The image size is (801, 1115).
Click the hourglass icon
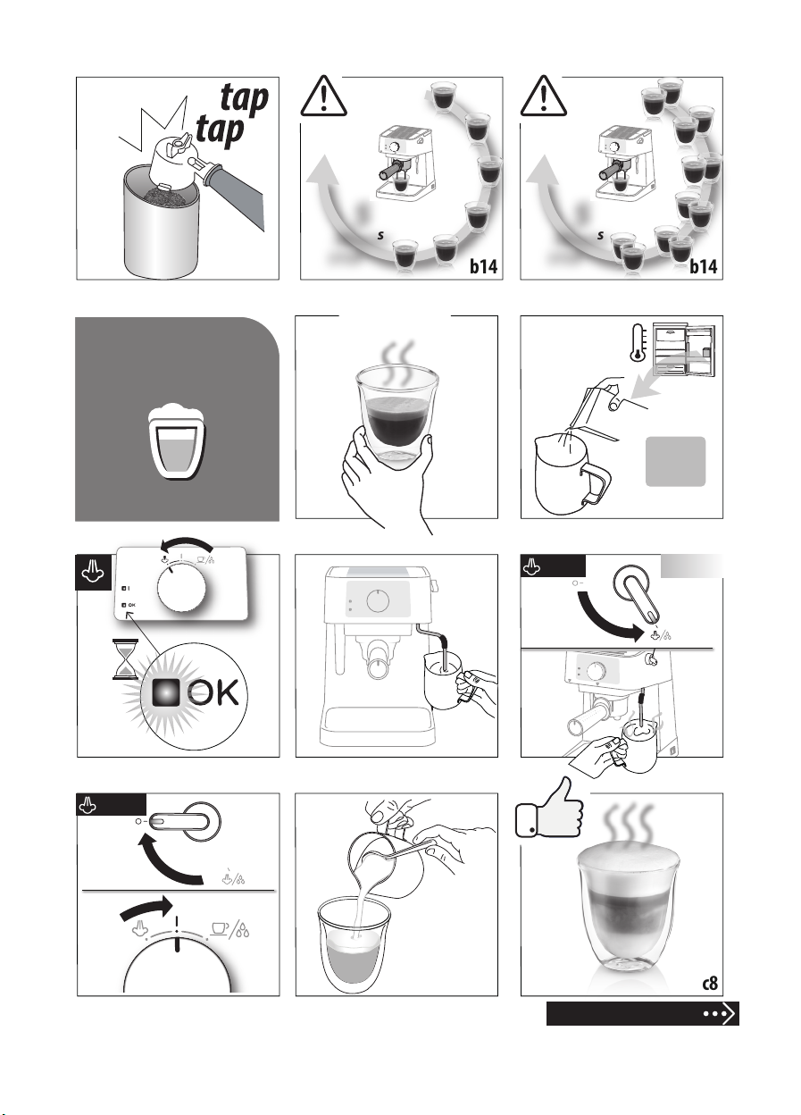point(124,659)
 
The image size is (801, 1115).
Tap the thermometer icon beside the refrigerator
point(638,343)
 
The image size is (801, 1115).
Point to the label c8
point(709,983)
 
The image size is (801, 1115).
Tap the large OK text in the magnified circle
point(214,692)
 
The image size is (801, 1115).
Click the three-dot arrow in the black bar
point(719,1013)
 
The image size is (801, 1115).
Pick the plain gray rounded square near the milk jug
point(675,461)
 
